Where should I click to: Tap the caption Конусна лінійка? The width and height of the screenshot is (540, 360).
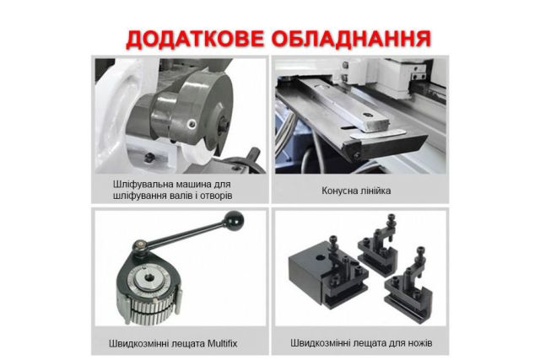[357, 191]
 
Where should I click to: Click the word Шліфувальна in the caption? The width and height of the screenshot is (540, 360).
[143, 183]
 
